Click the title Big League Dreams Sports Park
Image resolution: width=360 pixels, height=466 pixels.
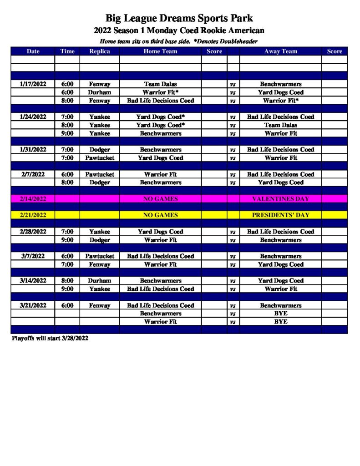point(179,19)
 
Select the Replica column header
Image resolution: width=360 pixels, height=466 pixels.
point(99,51)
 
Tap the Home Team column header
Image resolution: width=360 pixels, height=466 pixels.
point(160,51)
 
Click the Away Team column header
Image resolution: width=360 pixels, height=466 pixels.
point(280,51)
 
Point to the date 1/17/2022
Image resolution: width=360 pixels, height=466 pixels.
point(33,84)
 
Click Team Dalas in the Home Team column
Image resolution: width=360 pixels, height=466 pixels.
point(160,84)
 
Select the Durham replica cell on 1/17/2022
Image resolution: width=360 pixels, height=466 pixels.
point(99,92)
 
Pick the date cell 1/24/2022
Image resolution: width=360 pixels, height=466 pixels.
point(33,117)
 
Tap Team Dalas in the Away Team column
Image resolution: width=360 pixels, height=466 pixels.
point(280,125)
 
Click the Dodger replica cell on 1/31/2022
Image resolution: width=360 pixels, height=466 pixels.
point(99,150)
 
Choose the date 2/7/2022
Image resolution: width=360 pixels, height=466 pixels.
point(33,174)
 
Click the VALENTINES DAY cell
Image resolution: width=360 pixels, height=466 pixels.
point(280,199)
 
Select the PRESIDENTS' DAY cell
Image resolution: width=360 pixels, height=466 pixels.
point(280,215)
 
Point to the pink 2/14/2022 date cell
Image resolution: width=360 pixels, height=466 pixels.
point(33,199)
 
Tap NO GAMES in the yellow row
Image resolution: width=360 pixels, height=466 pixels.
point(160,215)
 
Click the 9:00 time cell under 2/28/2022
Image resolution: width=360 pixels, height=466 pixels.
point(67,240)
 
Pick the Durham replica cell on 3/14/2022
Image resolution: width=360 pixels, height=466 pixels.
point(99,281)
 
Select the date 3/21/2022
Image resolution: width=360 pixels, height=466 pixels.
point(33,305)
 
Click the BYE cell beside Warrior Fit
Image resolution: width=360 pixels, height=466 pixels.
point(280,322)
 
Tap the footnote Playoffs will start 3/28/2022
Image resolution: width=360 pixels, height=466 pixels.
point(50,339)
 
